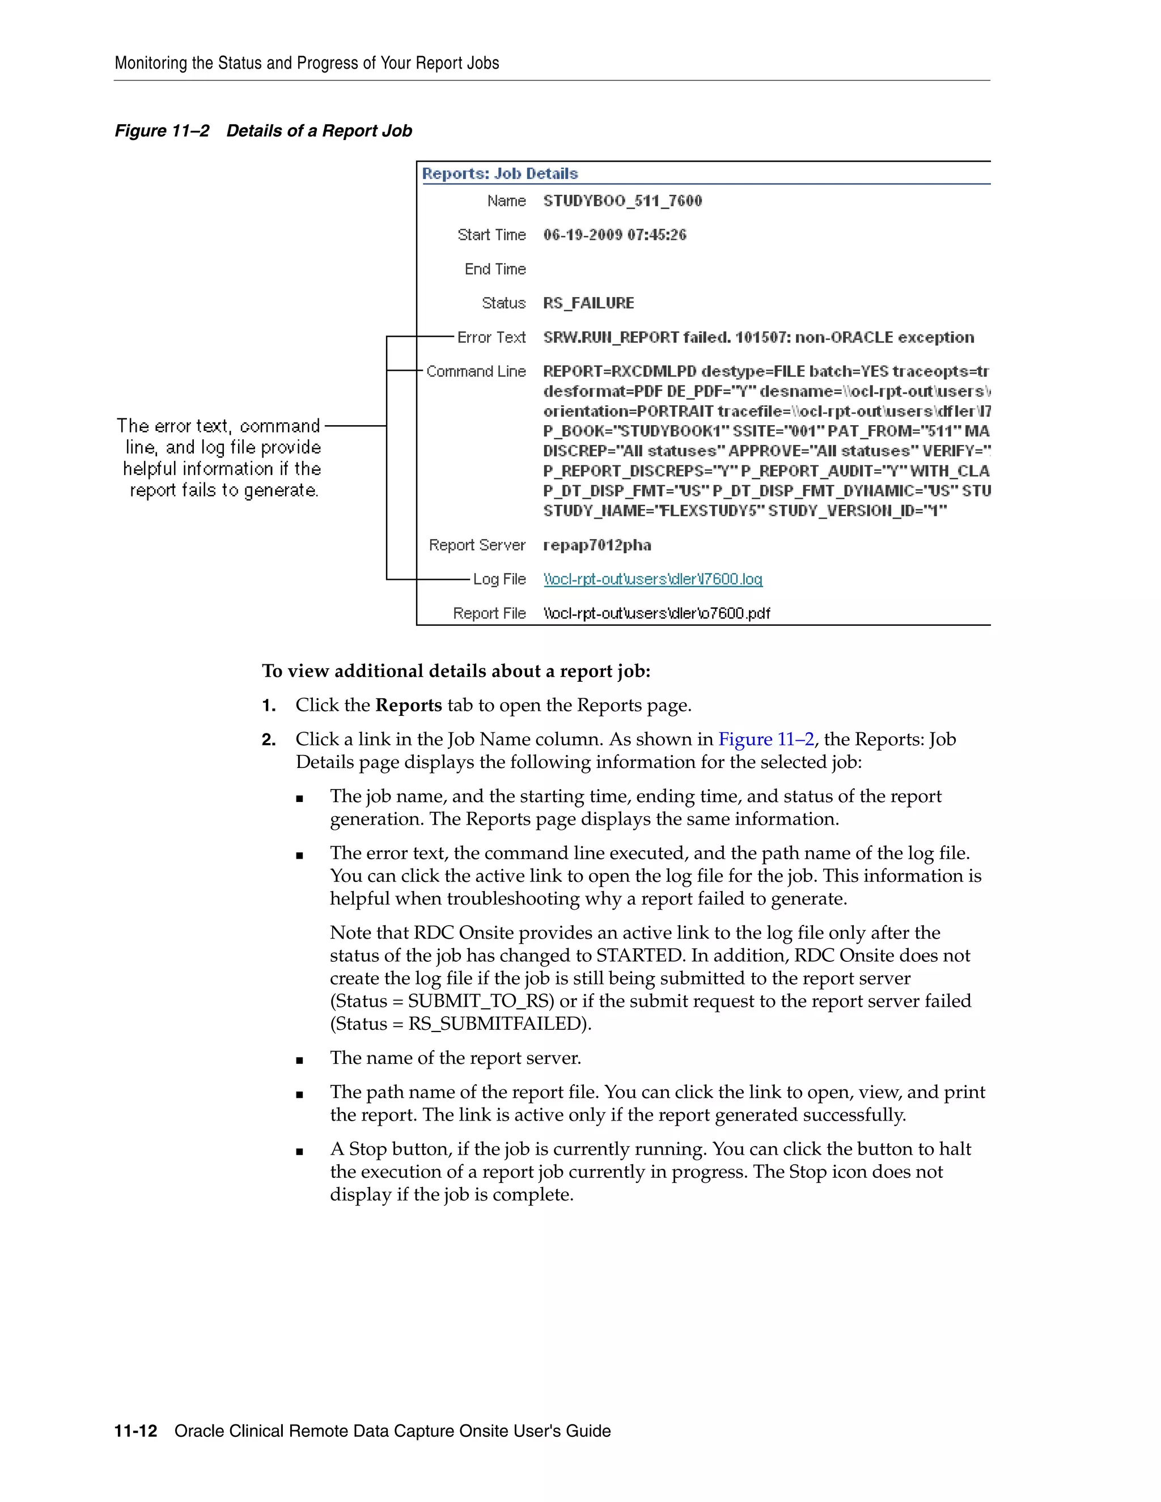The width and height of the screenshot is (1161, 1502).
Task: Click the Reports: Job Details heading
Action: [x=499, y=173]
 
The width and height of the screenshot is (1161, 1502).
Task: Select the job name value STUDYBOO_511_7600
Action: [x=622, y=201]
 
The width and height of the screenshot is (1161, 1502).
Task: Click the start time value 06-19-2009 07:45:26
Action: [x=614, y=235]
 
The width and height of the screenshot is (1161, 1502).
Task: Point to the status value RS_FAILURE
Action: [x=588, y=303]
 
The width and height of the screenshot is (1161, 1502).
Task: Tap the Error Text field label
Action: [x=491, y=338]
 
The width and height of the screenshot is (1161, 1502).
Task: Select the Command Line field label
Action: [x=476, y=371]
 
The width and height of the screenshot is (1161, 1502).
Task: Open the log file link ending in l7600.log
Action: [x=652, y=579]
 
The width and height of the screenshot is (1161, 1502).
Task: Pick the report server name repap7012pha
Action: [x=596, y=545]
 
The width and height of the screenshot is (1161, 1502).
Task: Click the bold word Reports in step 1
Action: [x=409, y=706]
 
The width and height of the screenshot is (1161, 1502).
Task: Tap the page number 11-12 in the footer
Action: [x=135, y=1431]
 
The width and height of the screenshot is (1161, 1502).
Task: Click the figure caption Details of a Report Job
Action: [x=319, y=131]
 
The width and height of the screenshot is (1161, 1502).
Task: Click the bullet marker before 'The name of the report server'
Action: [x=299, y=1060]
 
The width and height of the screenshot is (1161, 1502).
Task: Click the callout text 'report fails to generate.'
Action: [x=224, y=490]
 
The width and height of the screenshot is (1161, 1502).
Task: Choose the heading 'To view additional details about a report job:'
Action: [x=456, y=671]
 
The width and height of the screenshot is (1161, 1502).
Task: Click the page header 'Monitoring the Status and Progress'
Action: [x=307, y=63]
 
